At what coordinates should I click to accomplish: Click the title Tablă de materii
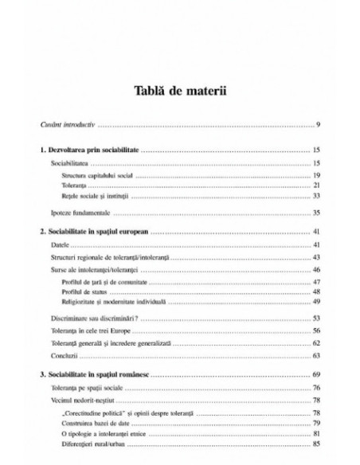tap(180, 89)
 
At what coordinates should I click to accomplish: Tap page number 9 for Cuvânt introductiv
tap(317, 126)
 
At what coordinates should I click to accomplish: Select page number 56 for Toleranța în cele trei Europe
tap(315, 330)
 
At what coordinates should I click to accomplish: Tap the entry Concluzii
tap(61, 354)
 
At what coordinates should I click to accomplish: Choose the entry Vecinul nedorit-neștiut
tap(80, 398)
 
